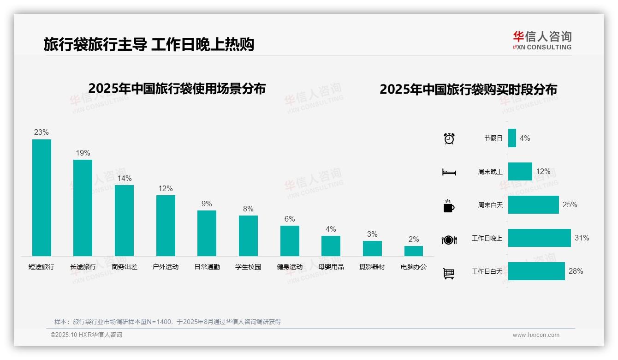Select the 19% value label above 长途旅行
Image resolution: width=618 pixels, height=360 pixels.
point(83,153)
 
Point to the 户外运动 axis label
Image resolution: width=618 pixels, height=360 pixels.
point(166,267)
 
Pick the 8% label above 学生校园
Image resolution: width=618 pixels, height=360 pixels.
point(248,209)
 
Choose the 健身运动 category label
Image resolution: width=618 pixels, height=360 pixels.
point(290,267)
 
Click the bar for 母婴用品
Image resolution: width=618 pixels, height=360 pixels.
point(331,246)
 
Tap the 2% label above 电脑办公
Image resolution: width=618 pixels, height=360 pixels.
point(414,239)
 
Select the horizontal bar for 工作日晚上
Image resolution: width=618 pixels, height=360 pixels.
point(539,238)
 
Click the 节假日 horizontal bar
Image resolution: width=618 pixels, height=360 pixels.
point(512,138)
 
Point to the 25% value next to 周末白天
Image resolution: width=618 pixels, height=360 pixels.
point(570,204)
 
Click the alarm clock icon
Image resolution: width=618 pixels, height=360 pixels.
point(449,138)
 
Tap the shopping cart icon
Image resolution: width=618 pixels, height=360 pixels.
point(449,273)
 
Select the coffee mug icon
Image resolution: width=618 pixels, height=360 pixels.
point(449,206)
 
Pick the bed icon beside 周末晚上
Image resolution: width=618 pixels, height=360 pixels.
point(449,172)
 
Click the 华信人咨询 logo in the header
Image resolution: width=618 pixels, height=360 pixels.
point(542,41)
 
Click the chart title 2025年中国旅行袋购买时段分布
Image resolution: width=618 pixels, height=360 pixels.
point(468,89)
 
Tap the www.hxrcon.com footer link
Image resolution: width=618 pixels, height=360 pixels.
point(536,335)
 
